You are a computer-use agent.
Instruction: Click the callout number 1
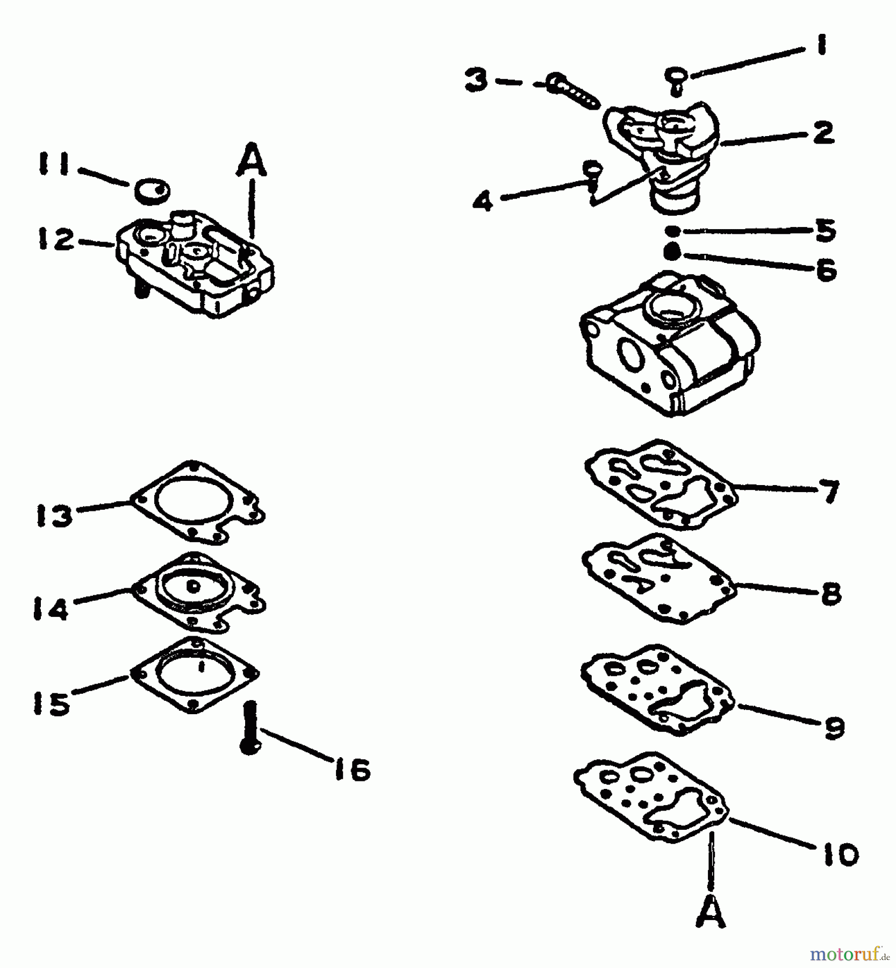tap(820, 45)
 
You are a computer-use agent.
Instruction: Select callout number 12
tap(55, 239)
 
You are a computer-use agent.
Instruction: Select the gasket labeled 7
tap(661, 484)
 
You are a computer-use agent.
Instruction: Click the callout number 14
tap(51, 610)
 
